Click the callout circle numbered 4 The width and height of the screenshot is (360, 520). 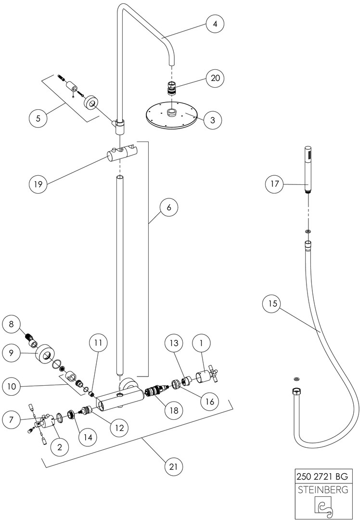click(216, 23)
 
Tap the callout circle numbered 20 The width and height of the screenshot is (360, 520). click(216, 77)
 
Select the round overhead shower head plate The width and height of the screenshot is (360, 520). click(171, 115)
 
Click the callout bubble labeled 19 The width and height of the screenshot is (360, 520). click(39, 184)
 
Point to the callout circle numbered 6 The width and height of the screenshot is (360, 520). click(168, 208)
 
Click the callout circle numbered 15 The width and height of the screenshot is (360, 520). click(273, 304)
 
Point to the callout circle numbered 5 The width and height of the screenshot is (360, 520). click(39, 117)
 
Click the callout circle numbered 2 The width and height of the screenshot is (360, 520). click(60, 447)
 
